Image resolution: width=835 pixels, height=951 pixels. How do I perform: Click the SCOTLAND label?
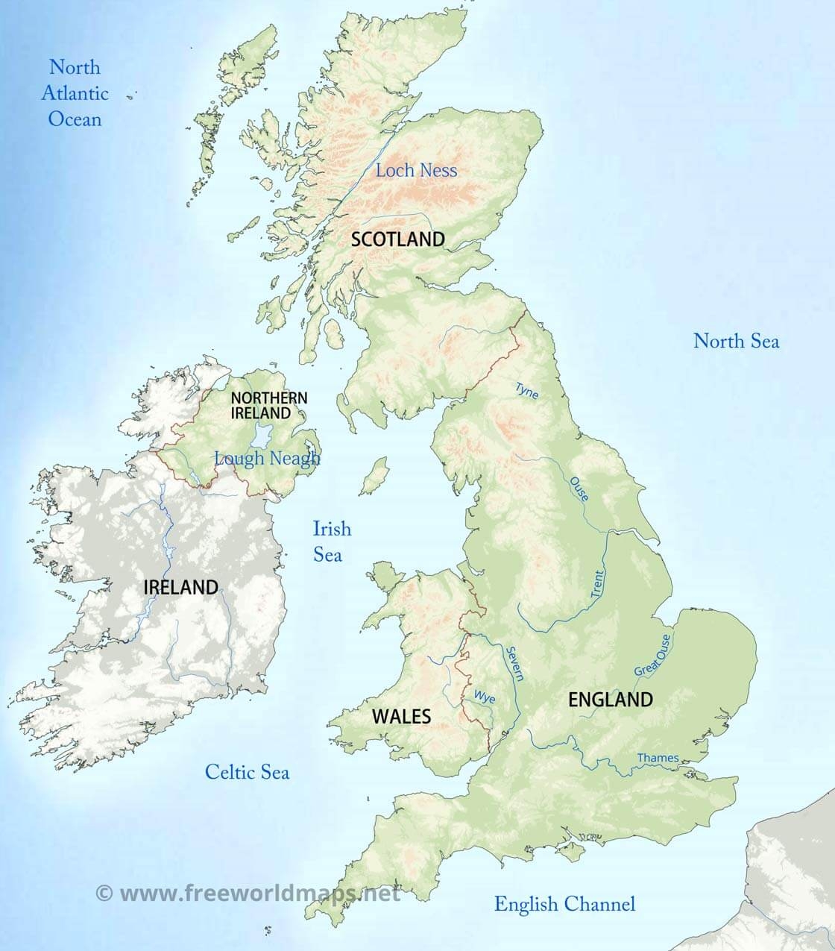397,239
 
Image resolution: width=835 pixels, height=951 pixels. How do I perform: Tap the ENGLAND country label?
611,700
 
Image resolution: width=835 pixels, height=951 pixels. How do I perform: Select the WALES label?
401,717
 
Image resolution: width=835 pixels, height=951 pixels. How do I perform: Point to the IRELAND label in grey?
180,587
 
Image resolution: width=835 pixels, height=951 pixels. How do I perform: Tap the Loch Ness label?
416,170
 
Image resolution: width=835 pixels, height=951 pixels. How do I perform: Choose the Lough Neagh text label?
267,458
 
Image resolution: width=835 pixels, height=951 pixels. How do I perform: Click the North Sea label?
736,341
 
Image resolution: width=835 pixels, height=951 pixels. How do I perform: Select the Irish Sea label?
330,542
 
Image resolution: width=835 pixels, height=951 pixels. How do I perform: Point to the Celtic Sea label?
247,772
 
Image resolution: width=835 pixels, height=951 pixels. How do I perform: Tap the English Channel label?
564,904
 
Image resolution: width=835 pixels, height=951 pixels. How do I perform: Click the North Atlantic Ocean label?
75,92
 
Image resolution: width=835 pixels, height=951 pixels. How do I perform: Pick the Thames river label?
658,758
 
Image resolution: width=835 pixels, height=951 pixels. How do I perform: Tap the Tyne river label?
526,389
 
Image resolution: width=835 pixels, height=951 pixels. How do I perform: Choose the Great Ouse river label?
652,656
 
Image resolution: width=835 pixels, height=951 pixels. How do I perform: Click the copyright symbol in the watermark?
104,892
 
